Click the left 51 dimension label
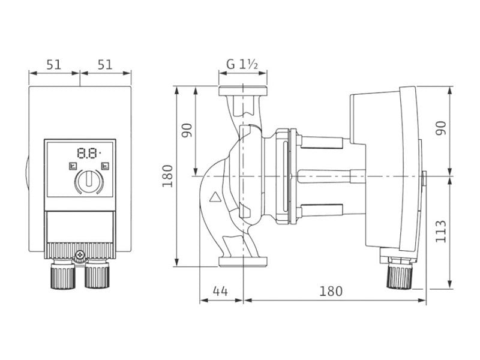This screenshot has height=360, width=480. (54, 65)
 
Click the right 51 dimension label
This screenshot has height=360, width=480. (105, 65)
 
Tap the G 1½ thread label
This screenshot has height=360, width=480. (242, 64)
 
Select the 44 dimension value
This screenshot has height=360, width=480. (220, 291)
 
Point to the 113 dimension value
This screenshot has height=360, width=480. (441, 232)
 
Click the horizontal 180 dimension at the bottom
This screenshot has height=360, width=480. (331, 291)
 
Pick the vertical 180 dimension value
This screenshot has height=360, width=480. (167, 176)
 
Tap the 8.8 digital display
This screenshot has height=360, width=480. (89, 153)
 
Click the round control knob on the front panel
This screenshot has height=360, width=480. (89, 181)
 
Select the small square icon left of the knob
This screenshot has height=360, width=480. (73, 166)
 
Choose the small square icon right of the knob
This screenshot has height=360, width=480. (105, 166)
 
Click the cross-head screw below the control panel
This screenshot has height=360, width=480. (80, 254)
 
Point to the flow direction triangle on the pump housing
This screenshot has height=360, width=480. (215, 197)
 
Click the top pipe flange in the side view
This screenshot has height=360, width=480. (243, 91)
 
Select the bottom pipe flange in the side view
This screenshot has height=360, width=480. (243, 261)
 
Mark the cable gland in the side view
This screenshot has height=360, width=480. (400, 274)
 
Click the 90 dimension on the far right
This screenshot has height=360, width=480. (441, 128)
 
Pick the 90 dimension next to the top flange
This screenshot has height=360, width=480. (187, 130)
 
